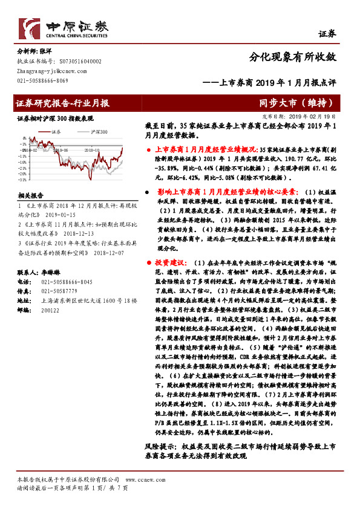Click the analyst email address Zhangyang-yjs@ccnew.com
pos(45,71)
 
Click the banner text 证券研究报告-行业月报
pos(64,103)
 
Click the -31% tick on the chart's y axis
pos(22,180)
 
